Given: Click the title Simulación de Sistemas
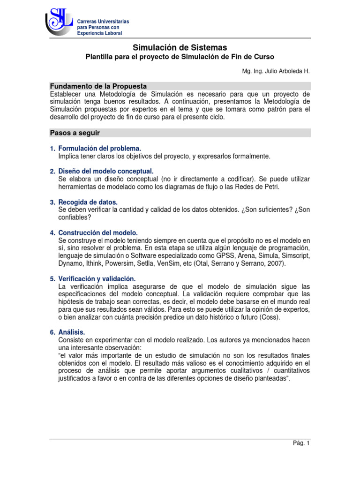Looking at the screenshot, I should click(x=180, y=47).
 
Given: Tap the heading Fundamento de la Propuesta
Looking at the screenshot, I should click(x=98, y=86).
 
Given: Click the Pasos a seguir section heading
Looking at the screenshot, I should click(x=75, y=133).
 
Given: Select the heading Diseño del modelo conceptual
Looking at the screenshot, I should click(x=105, y=172).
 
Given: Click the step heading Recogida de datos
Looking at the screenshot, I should click(x=88, y=202).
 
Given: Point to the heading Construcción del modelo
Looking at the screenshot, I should click(x=98, y=232).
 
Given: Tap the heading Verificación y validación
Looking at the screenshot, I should click(x=97, y=278).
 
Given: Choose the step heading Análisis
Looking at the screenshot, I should click(x=72, y=332).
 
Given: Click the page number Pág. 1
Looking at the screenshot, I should click(x=301, y=443).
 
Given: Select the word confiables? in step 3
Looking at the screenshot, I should click(x=75, y=217).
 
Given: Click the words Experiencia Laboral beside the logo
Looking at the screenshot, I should click(x=99, y=33).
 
